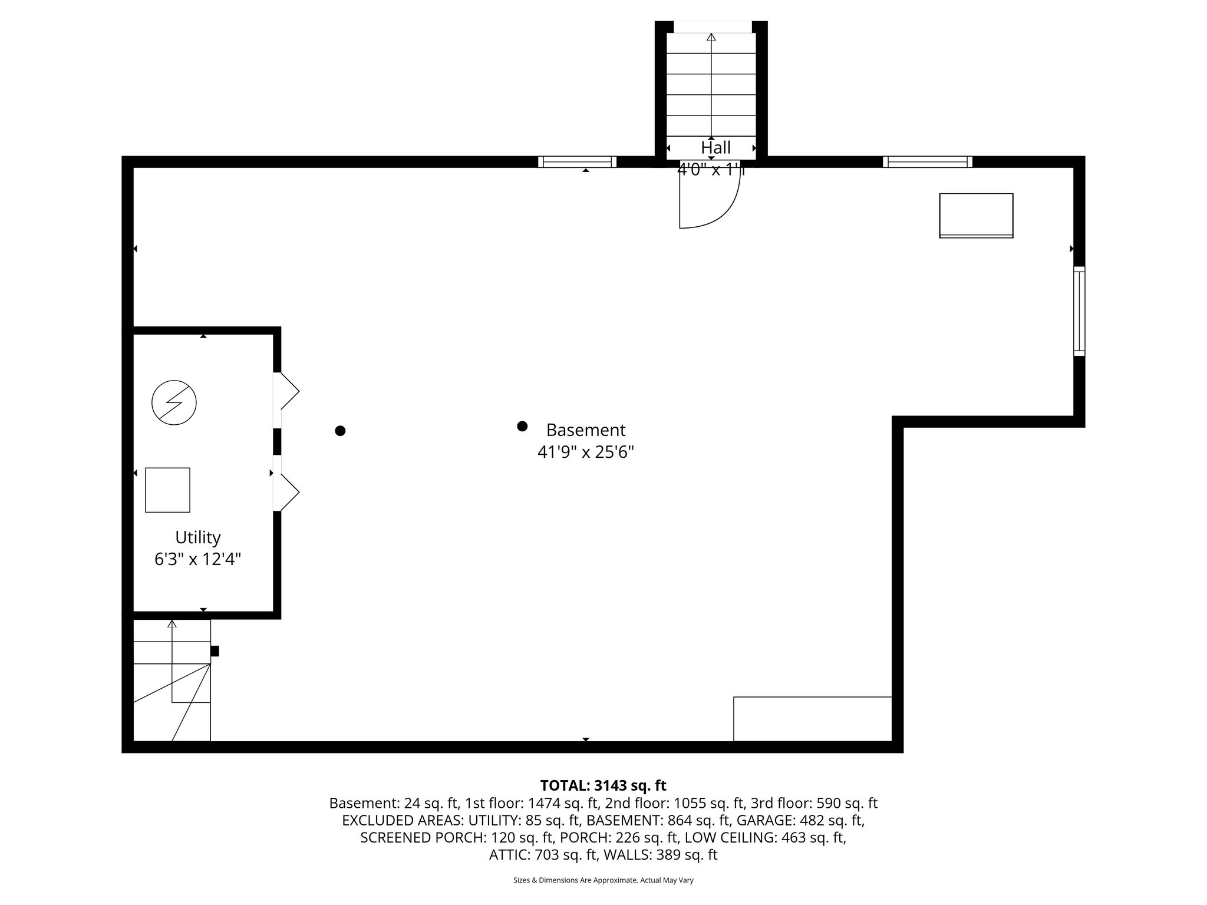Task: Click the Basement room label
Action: point(585,430)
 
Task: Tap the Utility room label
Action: point(198,537)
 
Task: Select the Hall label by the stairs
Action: point(715,147)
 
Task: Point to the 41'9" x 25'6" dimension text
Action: point(585,452)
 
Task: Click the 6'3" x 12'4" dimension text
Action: point(198,559)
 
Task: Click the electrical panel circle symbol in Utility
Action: point(174,403)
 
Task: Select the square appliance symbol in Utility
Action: point(167,490)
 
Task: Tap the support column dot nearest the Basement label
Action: point(522,426)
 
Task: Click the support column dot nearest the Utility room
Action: point(340,431)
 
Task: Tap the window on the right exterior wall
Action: point(1079,311)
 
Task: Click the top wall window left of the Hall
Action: point(577,162)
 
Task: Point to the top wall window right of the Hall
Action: point(927,162)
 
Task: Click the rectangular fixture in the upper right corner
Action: point(976,216)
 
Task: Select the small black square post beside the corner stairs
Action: point(215,651)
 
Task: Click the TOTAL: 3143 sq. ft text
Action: point(603,785)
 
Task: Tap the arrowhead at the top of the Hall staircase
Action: point(711,37)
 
